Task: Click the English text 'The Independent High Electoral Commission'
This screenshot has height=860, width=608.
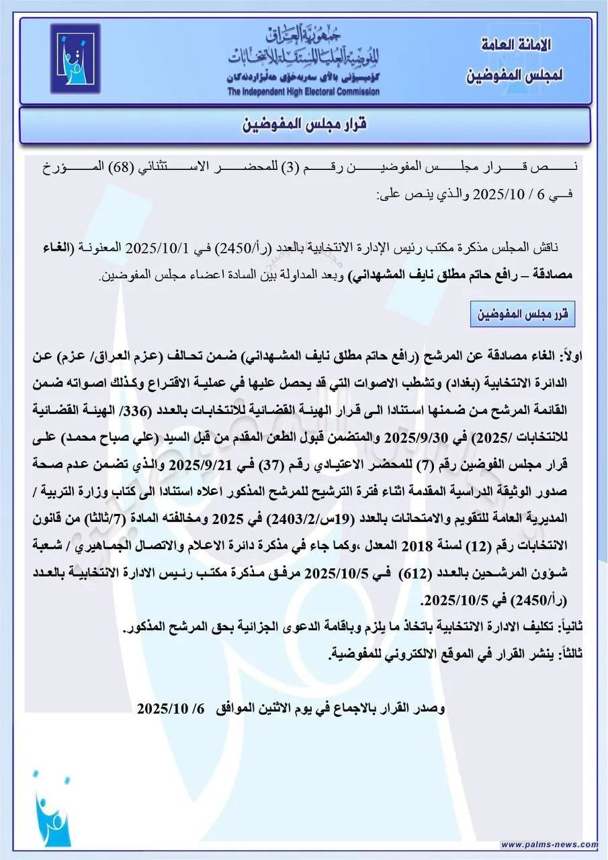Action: point(303,91)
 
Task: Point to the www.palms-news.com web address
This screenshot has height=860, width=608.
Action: point(549,845)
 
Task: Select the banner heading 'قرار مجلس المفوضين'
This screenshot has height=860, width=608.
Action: point(304,125)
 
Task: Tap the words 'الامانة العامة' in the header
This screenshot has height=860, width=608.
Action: point(517,46)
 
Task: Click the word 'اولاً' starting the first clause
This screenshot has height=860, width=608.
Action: point(575,355)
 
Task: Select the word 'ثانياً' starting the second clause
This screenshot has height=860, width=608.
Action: point(569,626)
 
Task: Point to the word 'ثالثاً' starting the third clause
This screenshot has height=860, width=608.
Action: point(569,652)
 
